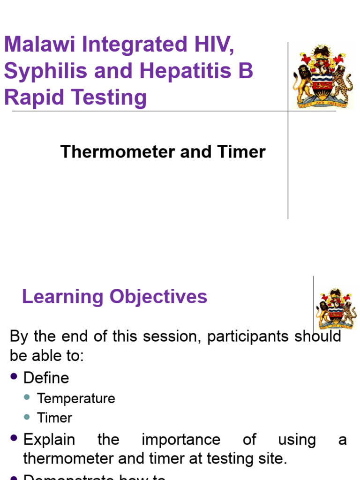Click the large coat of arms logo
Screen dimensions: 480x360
[x=322, y=77]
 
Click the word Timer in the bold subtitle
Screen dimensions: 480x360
[x=241, y=152]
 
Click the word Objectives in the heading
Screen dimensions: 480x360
[x=158, y=297]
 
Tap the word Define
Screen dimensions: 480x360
[x=46, y=378]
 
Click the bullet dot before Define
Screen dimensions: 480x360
[x=14, y=376]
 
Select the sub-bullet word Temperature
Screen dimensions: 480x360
[x=76, y=398]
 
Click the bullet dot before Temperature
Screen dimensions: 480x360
[x=27, y=397]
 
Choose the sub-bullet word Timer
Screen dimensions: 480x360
[x=55, y=418]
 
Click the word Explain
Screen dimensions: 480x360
[x=49, y=440]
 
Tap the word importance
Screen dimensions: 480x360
[x=181, y=440]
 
